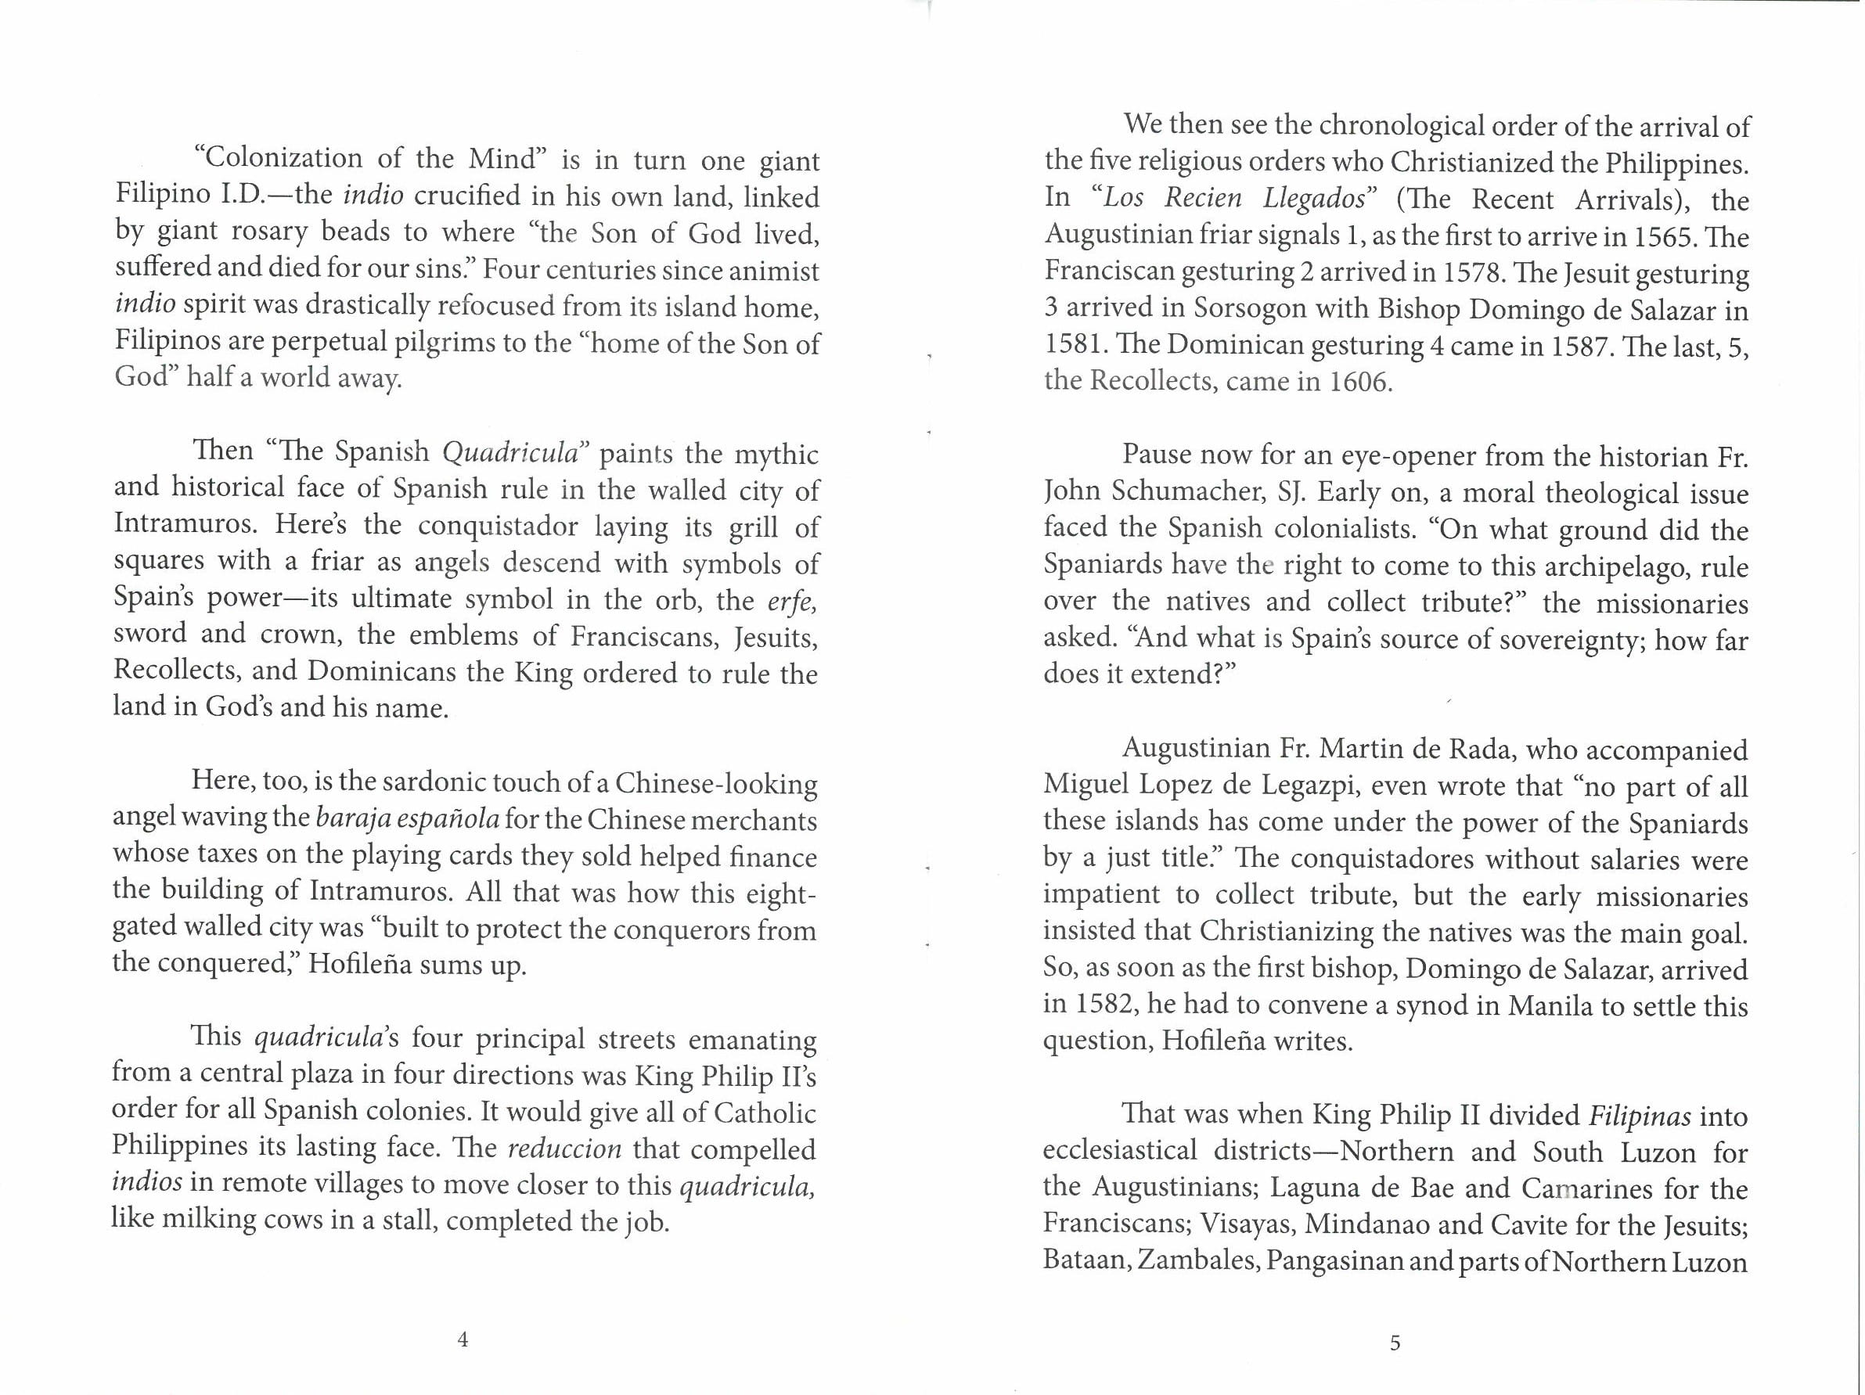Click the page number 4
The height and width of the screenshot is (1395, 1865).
(x=462, y=1339)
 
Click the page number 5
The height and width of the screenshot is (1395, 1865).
(x=1395, y=1343)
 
